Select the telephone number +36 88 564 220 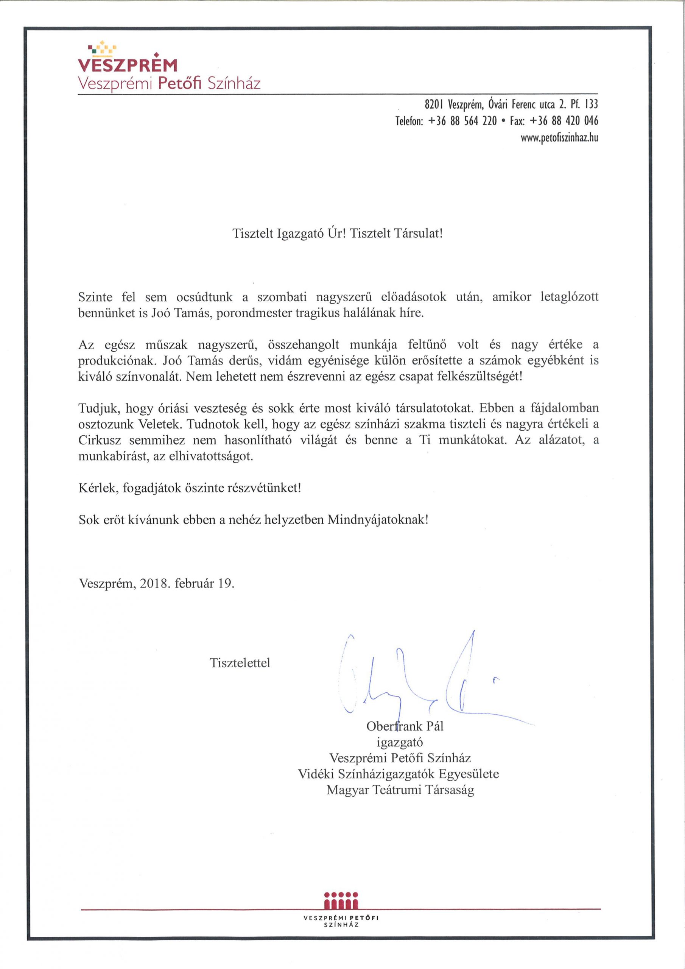pyautogui.click(x=462, y=121)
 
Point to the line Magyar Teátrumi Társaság pyautogui.click(x=400, y=790)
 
